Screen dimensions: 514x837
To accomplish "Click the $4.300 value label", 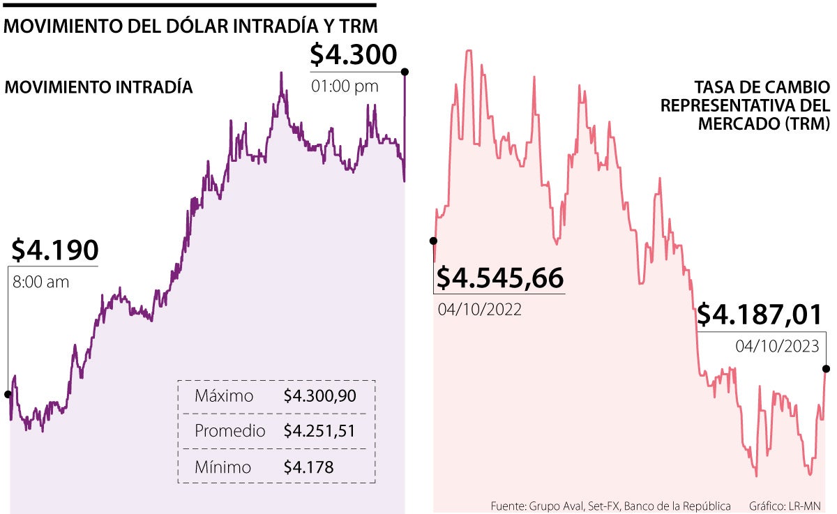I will click(x=353, y=54).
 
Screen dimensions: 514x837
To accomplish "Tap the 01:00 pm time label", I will click(x=345, y=86).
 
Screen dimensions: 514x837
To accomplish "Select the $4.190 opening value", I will click(x=54, y=250).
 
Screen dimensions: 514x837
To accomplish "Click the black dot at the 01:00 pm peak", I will click(x=405, y=71).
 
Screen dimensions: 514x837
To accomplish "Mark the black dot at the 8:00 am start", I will click(x=8, y=394).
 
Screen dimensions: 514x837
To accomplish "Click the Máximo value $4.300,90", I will click(x=320, y=396).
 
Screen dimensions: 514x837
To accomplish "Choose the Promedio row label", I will click(x=229, y=431).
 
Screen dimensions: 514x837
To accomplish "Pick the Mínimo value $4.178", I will click(x=308, y=467).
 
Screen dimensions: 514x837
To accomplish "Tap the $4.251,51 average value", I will click(x=320, y=431).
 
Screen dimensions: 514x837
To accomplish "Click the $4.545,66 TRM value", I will click(x=499, y=278).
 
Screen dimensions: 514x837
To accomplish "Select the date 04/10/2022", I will click(x=480, y=310).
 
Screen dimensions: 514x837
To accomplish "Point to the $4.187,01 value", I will click(x=760, y=315).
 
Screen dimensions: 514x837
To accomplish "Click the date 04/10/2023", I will click(x=777, y=346).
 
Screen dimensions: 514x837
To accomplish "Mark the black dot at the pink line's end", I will click(x=827, y=369).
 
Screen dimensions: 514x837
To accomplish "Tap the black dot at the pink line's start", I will click(x=433, y=241).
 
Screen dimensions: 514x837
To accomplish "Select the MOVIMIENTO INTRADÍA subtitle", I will click(x=98, y=88).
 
